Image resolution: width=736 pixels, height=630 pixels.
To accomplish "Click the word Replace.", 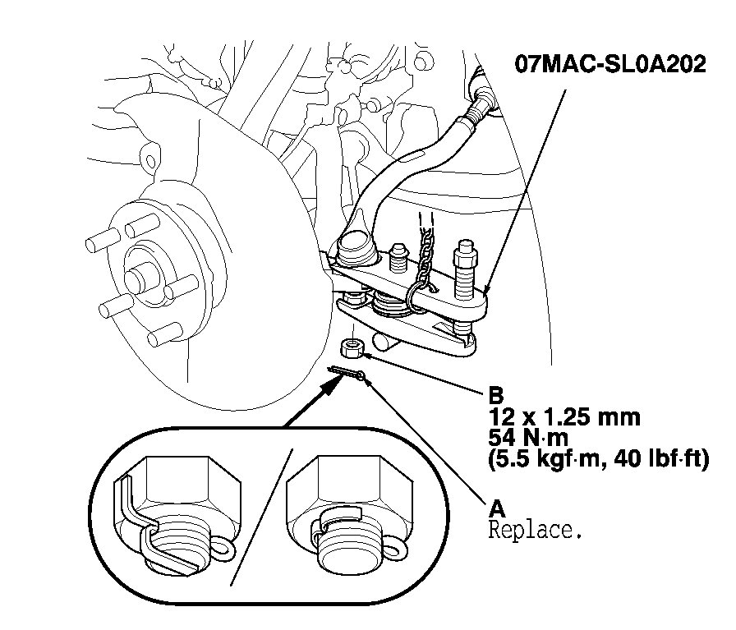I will (535, 530).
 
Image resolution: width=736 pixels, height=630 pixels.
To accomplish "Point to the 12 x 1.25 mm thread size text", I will (563, 416).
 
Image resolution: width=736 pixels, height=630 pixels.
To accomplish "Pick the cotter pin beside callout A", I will (348, 374).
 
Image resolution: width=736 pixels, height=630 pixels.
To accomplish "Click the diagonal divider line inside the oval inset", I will (263, 517).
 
